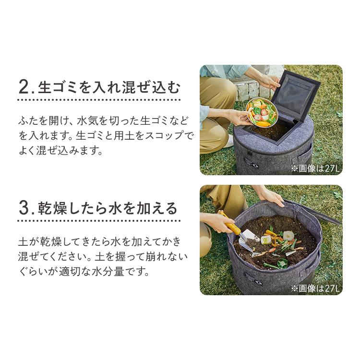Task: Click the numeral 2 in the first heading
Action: pyautogui.click(x=24, y=88)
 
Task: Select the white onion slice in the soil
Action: pyautogui.click(x=288, y=236)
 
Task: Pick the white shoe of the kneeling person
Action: pyautogui.click(x=229, y=142)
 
